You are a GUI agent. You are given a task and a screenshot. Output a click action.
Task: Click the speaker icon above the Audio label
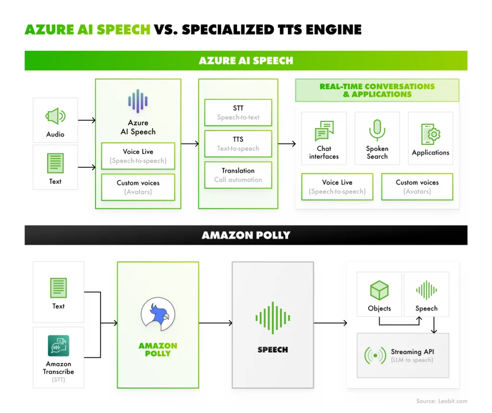tap(55, 116)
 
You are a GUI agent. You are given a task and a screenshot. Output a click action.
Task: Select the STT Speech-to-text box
tap(238, 113)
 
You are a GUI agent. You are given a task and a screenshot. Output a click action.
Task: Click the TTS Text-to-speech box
tap(238, 144)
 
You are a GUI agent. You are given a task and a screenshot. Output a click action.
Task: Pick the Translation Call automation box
tap(238, 175)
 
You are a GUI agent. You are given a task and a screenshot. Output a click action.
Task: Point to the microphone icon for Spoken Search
tap(377, 130)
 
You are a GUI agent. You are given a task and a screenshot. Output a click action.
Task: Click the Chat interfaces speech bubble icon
tap(324, 130)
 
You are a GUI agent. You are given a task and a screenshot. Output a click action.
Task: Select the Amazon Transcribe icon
tap(58, 345)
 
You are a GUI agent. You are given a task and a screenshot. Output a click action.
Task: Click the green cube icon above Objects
tap(379, 291)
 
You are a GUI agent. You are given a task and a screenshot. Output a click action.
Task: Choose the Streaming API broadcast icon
tap(375, 355)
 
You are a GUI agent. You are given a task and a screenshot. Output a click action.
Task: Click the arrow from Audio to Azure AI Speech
tap(87, 120)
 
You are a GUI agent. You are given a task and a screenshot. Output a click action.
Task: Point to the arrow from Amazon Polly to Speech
tap(215, 323)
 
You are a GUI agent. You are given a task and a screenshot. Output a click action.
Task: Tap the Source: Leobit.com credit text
tap(442, 401)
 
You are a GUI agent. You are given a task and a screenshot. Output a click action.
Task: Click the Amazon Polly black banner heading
tap(246, 235)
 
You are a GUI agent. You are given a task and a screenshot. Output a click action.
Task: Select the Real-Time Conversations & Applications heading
tap(377, 90)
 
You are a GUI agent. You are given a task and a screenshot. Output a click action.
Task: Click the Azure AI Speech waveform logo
tap(138, 101)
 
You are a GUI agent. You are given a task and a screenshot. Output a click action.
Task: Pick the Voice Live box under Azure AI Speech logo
tap(138, 156)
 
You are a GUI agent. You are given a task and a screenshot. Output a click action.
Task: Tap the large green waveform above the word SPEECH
tap(272, 318)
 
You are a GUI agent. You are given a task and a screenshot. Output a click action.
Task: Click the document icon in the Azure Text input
tap(55, 163)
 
